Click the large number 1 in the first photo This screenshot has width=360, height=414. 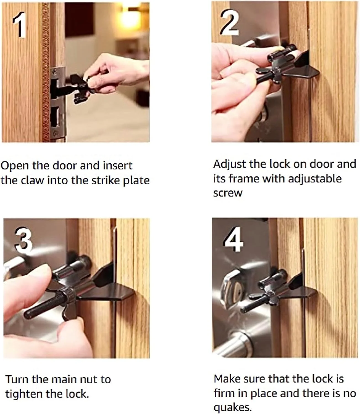coord(20,25)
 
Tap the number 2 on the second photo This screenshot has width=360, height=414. coord(229,23)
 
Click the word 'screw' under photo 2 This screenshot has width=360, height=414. coord(228,193)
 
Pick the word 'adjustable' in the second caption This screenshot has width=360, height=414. coord(315,179)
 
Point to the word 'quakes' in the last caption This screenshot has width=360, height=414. coord(232,407)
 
